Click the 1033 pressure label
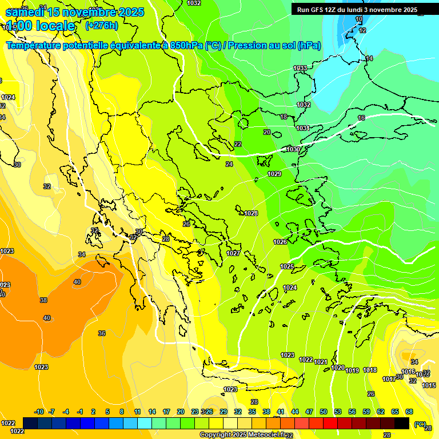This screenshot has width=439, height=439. [x=300, y=69]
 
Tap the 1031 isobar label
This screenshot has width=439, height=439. [x=303, y=128]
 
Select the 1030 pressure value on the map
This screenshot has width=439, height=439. [x=293, y=149]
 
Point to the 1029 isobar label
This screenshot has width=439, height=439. [x=274, y=174]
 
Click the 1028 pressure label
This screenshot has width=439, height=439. [x=251, y=213]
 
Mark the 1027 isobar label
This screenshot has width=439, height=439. [x=233, y=253]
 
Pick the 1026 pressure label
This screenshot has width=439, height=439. [x=280, y=242]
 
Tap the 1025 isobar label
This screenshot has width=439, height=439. [x=287, y=266]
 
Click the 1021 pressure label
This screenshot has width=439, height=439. [x=321, y=362]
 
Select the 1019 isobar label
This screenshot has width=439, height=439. [x=353, y=370]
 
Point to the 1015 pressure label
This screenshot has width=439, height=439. [x=429, y=385]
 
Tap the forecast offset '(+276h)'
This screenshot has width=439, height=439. [x=101, y=25]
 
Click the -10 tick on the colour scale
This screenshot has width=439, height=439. [x=39, y=412]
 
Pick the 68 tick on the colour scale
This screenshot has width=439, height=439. [x=409, y=412]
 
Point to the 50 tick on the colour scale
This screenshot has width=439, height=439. [x=324, y=412]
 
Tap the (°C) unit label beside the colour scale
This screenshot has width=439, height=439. [x=420, y=424]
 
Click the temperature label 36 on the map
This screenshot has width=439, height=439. [x=101, y=333]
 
